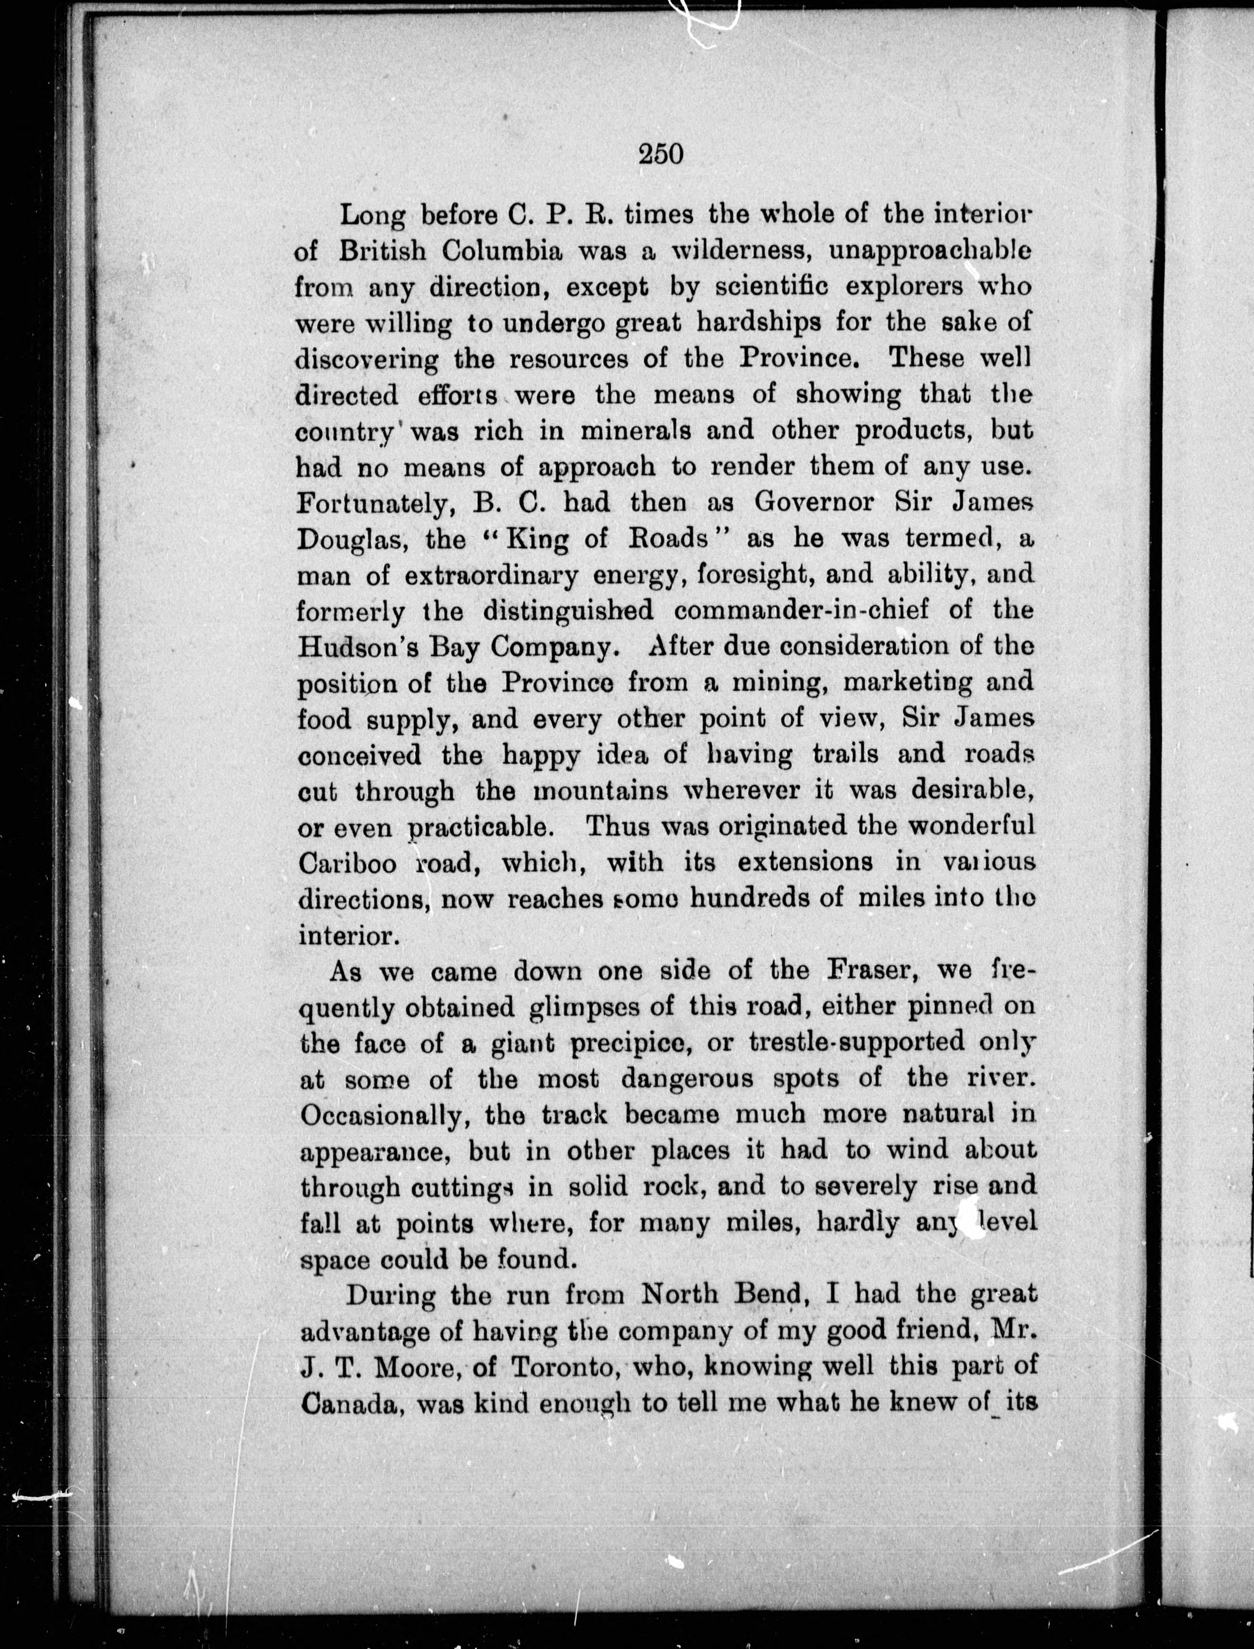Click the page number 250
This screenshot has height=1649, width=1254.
tap(661, 154)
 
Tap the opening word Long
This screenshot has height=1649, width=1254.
tap(372, 216)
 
